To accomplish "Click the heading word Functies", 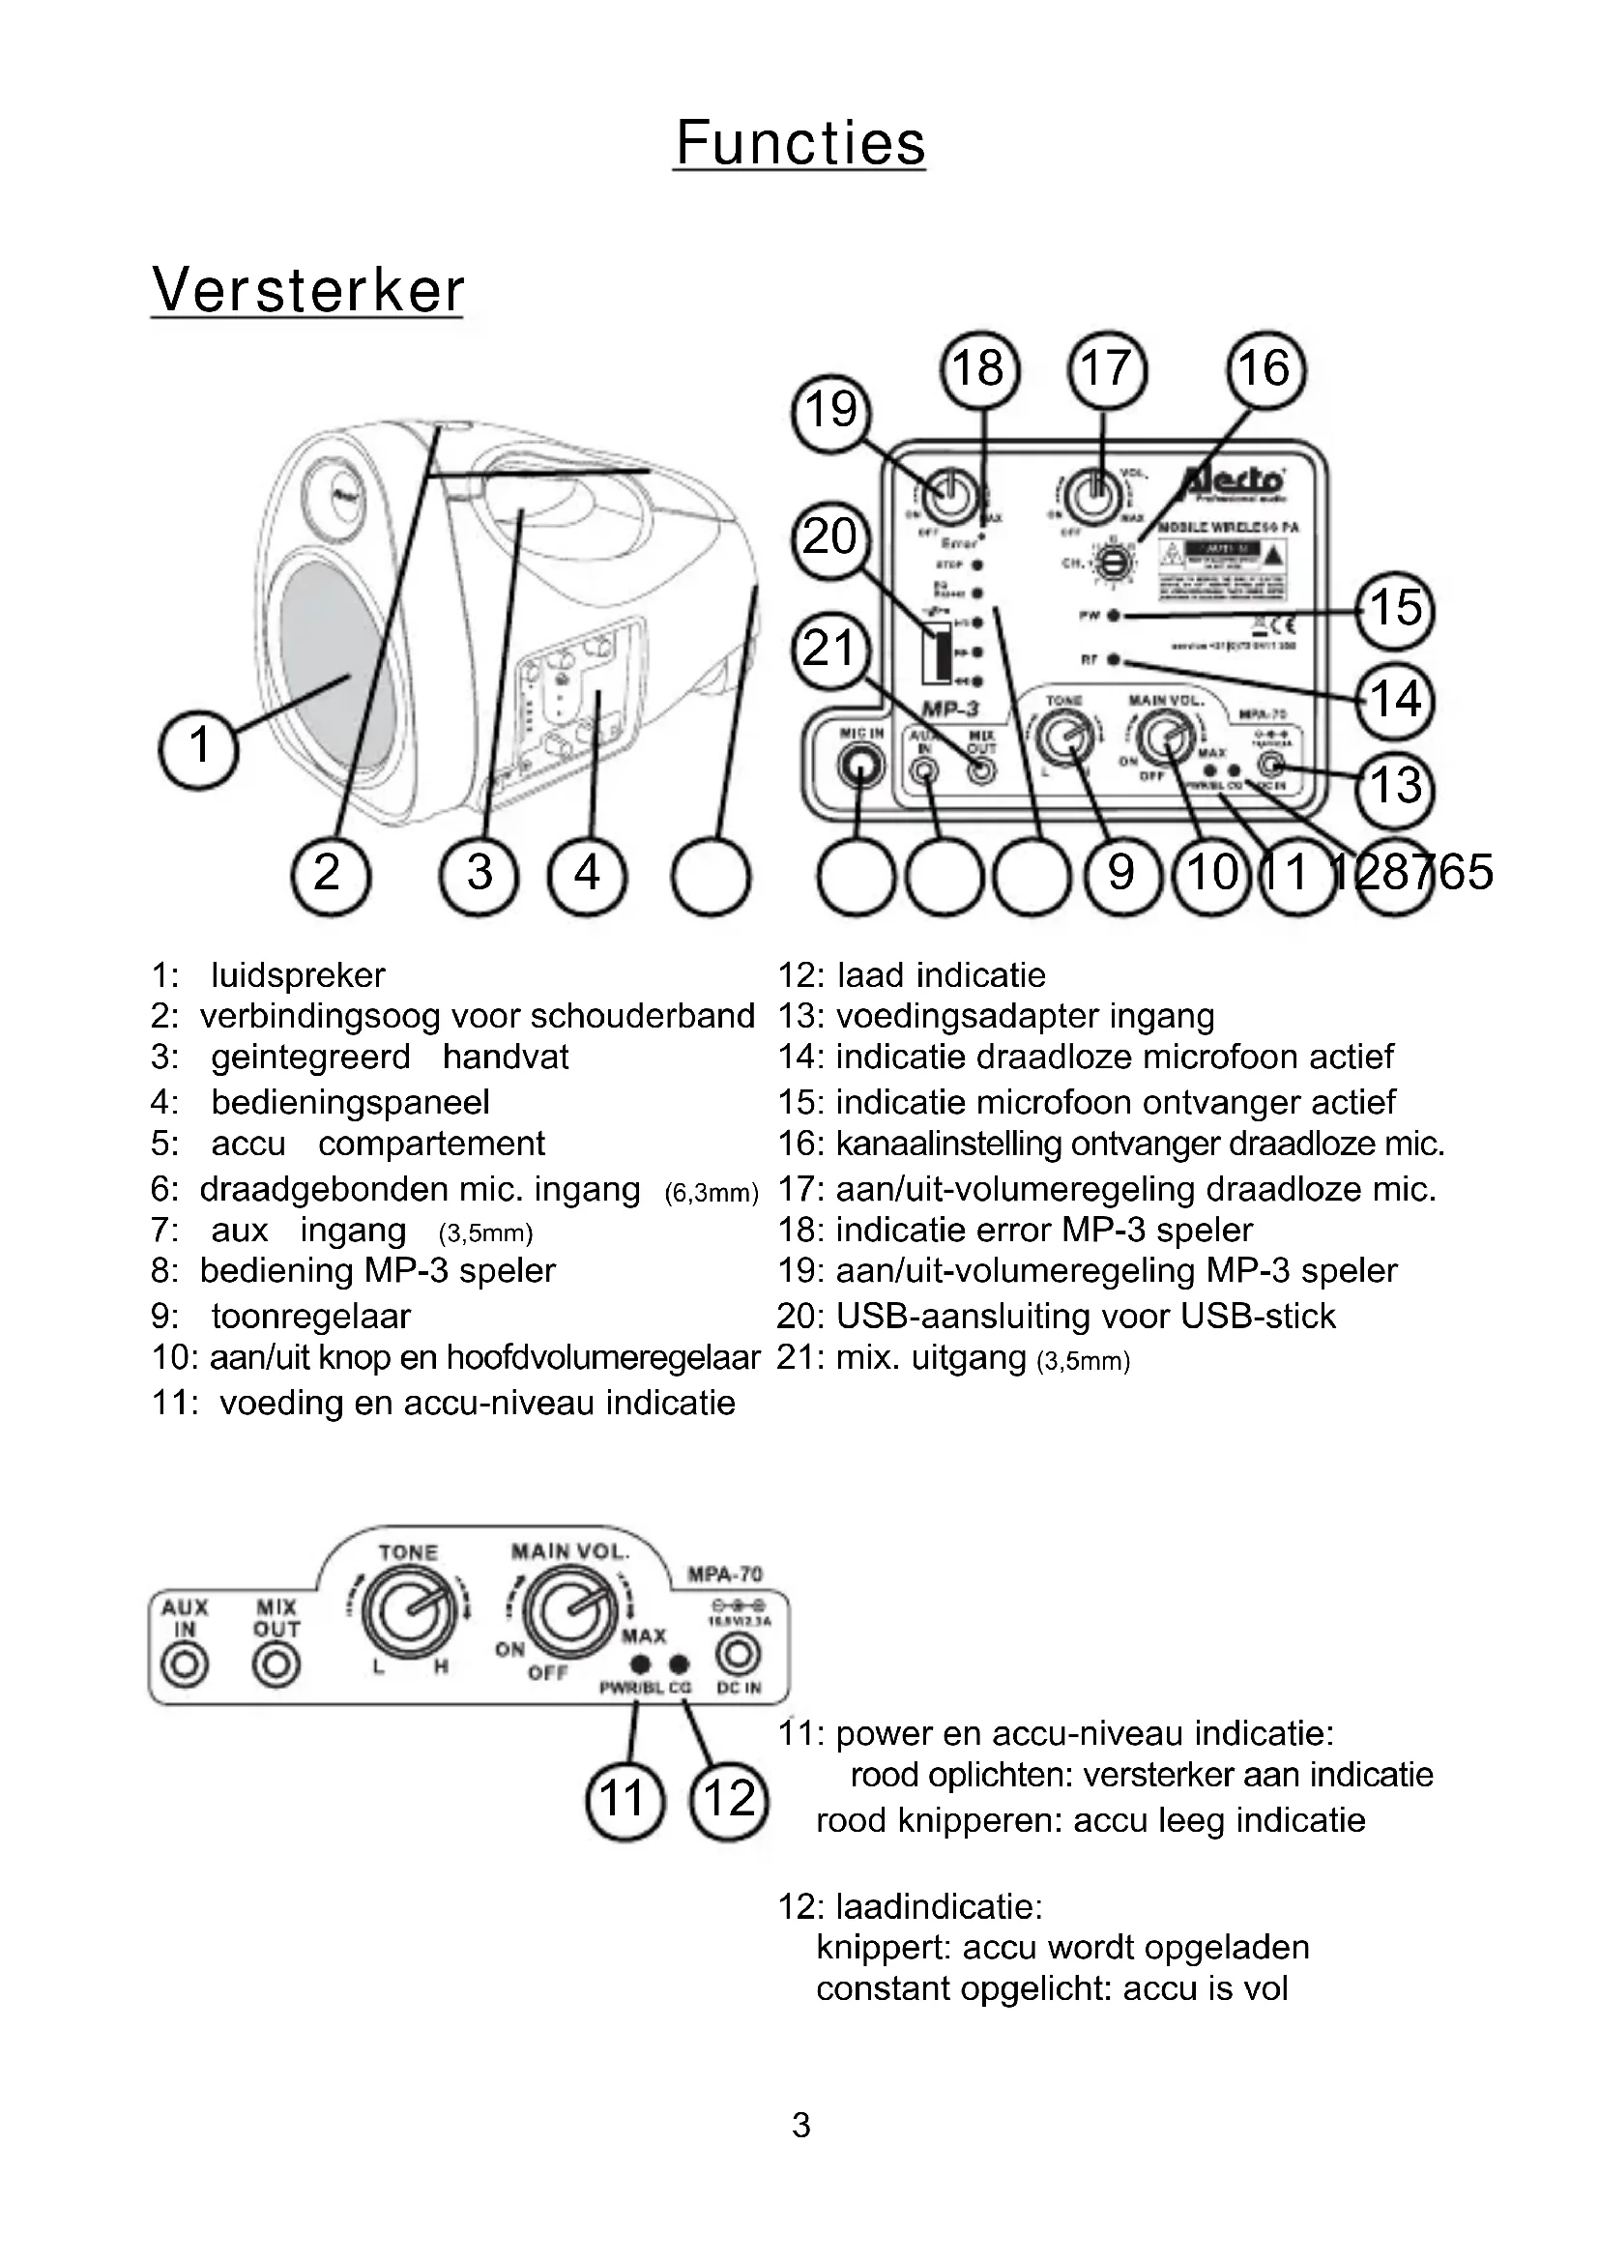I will tap(799, 144).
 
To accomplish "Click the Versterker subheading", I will tap(307, 292).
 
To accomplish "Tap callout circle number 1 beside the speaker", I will tap(198, 745).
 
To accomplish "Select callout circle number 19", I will tap(832, 411).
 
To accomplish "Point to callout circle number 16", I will tap(1265, 369).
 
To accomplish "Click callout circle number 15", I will tap(1395, 609).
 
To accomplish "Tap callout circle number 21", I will tap(829, 650).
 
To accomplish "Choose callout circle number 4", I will tap(588, 874).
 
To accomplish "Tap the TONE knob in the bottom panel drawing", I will tap(409, 1610).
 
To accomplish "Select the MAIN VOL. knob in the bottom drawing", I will tap(571, 1610).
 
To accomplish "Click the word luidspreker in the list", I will tap(298, 975).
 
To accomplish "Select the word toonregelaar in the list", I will tap(310, 1316).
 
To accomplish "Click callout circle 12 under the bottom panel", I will tap(729, 1799).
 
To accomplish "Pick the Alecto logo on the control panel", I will tap(1233, 481).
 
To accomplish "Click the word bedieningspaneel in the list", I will tap(350, 1102).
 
